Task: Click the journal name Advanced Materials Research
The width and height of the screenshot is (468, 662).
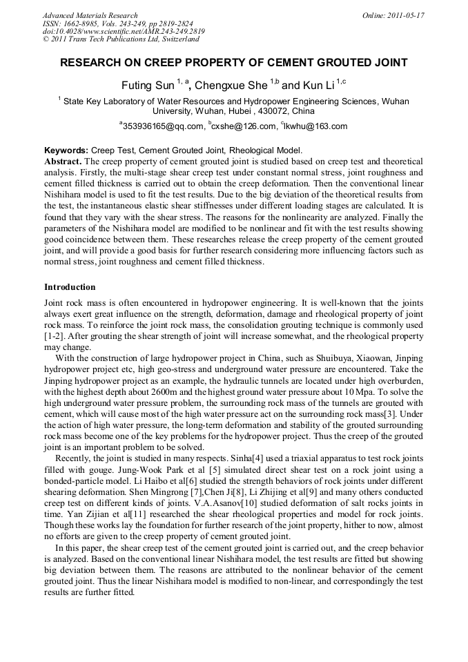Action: pos(90,15)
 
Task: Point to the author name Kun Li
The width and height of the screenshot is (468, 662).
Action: pos(318,86)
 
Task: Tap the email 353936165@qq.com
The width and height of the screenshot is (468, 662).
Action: pos(163,126)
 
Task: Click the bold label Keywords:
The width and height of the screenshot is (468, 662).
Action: pos(66,150)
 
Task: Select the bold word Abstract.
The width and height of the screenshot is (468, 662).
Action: pos(62,160)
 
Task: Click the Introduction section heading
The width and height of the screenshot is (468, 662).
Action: pos(70,287)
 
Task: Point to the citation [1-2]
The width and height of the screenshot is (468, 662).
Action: pos(55,335)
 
